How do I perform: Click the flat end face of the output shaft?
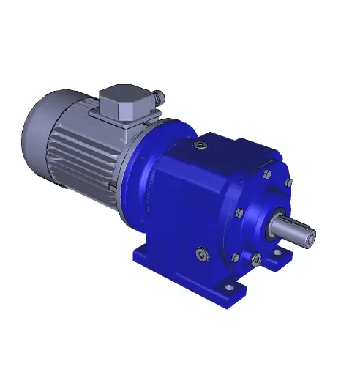click(310, 236)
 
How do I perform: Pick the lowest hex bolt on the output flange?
click(235, 257)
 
